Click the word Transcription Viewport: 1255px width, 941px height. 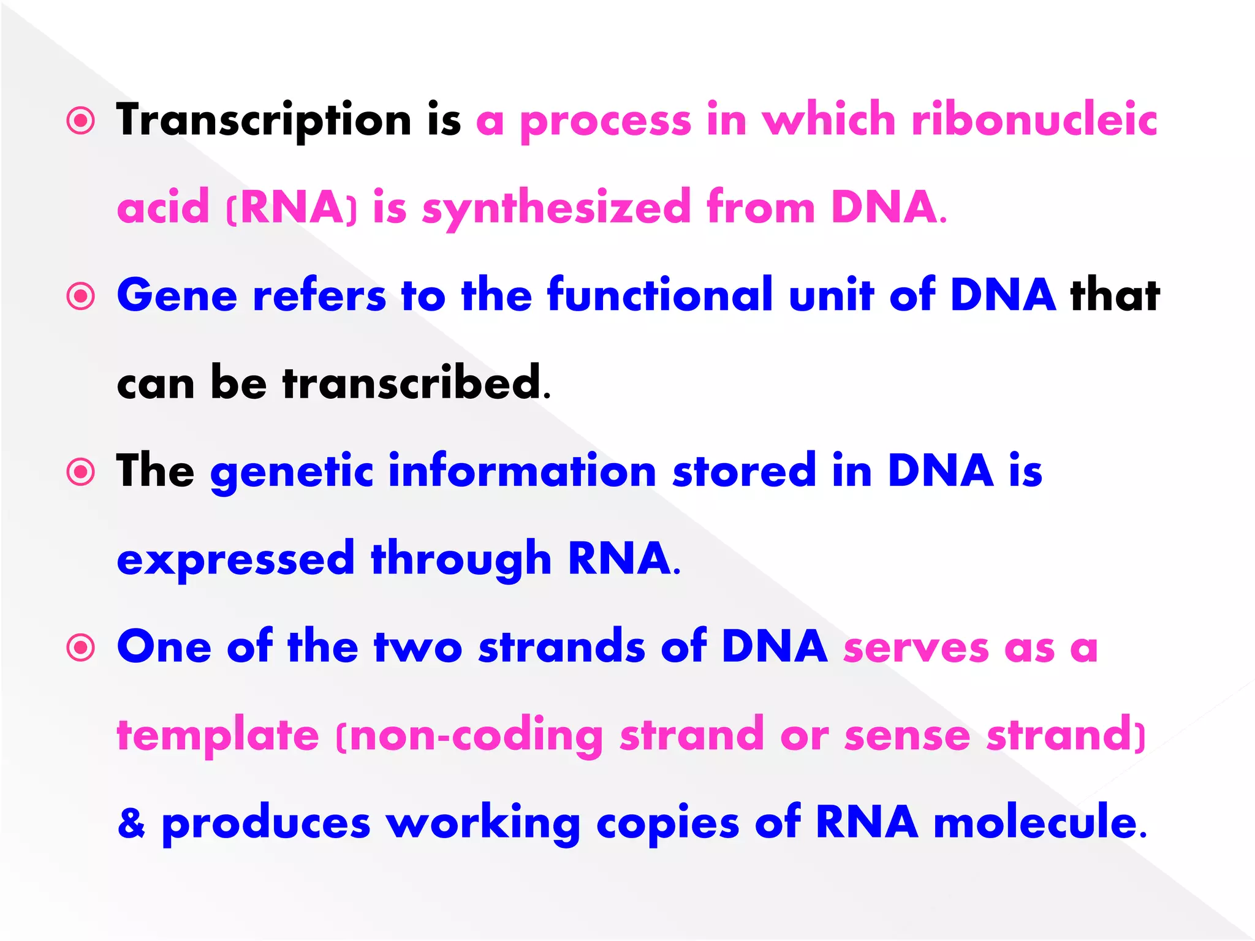264,120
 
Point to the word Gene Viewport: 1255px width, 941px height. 177,296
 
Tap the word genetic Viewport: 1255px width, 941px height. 292,472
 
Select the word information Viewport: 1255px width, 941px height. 522,471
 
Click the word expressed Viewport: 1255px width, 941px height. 236,559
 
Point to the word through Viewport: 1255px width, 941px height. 461,559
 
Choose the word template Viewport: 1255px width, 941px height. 218,735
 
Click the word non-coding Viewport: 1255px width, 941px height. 476,735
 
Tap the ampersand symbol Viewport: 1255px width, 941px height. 132,823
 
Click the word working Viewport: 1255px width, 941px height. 483,823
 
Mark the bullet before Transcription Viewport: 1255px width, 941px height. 81,121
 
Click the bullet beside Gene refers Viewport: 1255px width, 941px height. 81,297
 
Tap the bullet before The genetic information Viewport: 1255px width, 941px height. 81,472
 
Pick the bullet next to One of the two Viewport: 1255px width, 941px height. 81,648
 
